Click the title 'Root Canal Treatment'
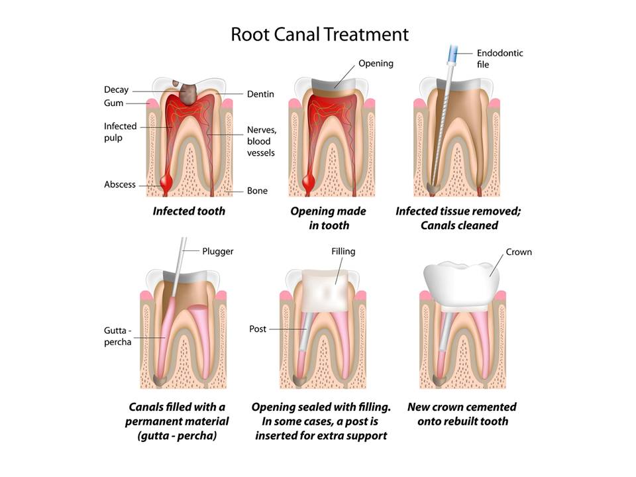coord(319,34)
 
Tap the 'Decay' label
coord(116,90)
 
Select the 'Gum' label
coord(113,103)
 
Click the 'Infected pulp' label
coord(120,131)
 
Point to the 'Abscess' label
coord(119,184)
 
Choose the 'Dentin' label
coord(260,95)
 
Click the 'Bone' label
coord(257,191)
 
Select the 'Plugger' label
coord(217,251)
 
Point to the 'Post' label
coord(258,329)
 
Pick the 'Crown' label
coord(519,252)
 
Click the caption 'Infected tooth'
coord(189,211)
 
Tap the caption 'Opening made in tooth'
coord(328,218)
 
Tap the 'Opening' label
coord(376,64)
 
